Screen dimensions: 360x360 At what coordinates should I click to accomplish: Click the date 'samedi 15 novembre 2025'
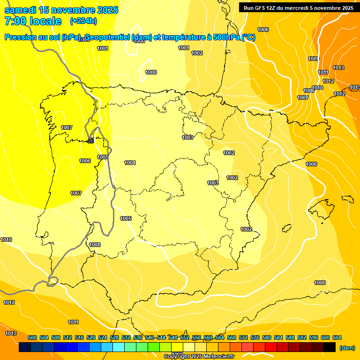[x=61, y=10]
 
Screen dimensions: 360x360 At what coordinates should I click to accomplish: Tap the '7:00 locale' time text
[x=33, y=21]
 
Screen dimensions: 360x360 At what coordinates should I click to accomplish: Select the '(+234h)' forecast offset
[x=83, y=21]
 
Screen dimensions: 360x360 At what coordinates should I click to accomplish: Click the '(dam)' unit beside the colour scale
[x=347, y=348]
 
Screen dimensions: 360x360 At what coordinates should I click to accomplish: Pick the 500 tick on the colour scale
[x=32, y=337]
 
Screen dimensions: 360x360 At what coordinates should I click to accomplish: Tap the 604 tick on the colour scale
[x=337, y=337]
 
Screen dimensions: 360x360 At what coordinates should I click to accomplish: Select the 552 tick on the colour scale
[x=185, y=337]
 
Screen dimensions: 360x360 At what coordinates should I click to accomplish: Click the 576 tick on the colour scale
[x=255, y=337]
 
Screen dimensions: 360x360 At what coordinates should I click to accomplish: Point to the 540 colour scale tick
[x=150, y=337]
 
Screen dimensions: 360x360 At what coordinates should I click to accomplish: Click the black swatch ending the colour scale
[x=330, y=347]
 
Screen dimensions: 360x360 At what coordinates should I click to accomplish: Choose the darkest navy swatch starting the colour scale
[x=25, y=347]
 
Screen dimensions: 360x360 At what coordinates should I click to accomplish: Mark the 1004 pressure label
[x=130, y=163]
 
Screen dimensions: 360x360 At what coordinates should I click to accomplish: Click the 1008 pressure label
[x=95, y=245]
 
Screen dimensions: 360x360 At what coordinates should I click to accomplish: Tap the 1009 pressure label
[x=313, y=59]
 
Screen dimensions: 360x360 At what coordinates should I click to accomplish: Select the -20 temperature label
[x=90, y=141]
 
